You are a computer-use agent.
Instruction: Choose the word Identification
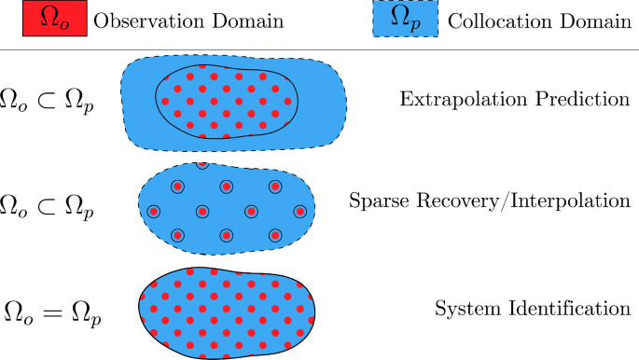pyautogui.click(x=559, y=307)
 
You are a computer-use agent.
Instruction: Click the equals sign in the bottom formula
pyautogui.click(x=52, y=311)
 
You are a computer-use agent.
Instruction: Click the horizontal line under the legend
pyautogui.click(x=319, y=49)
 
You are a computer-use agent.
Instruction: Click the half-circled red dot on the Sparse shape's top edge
pyautogui.click(x=202, y=165)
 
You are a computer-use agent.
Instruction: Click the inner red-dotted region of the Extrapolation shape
pyautogui.click(x=227, y=100)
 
